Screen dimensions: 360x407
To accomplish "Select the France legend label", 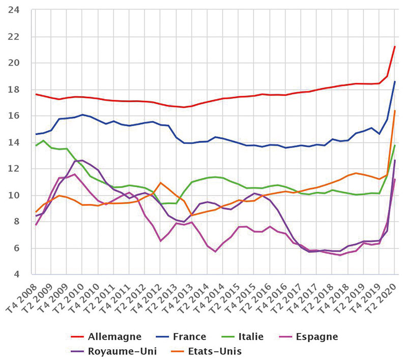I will point(189,337).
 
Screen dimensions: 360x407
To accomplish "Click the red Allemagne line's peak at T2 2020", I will point(395,46).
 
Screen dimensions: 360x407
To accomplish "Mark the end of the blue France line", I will point(395,81).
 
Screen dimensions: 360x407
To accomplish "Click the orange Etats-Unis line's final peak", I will point(395,111).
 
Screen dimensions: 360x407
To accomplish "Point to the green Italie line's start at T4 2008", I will point(36,145).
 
